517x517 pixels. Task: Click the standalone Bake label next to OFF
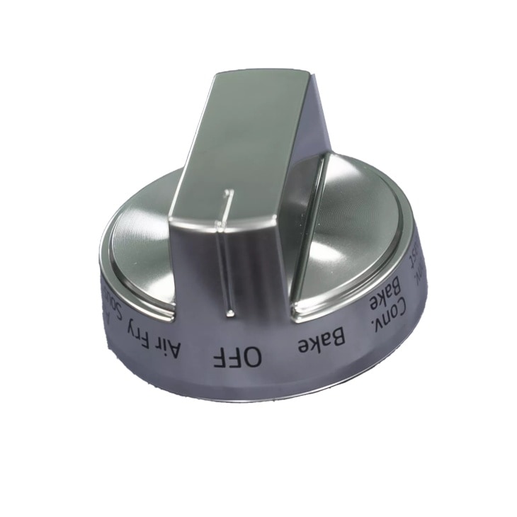click(x=322, y=342)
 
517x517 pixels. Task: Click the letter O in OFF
click(x=254, y=357)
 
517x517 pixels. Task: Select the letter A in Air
click(x=180, y=349)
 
